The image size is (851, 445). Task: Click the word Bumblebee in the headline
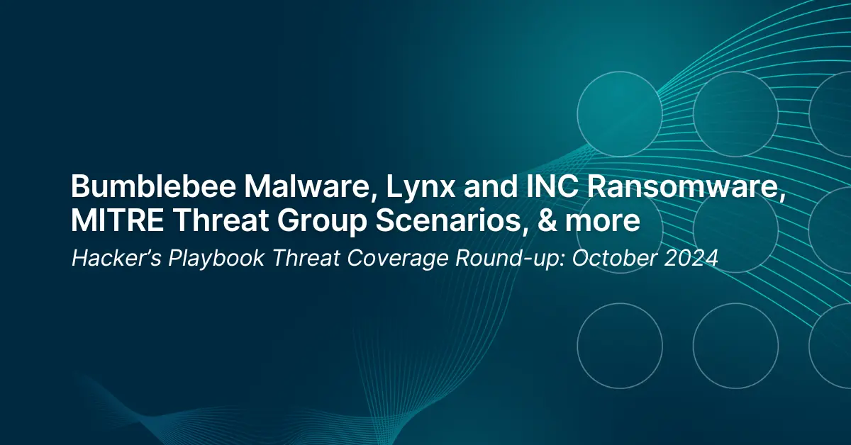153,186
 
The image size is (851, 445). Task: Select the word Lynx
421,189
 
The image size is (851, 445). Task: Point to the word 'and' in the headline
491,186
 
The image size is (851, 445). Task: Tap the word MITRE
118,220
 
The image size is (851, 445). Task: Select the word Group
322,223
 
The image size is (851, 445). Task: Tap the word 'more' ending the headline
603,224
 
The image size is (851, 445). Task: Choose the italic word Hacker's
116,258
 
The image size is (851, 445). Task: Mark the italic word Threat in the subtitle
306,258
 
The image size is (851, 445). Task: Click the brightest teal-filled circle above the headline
620,113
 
